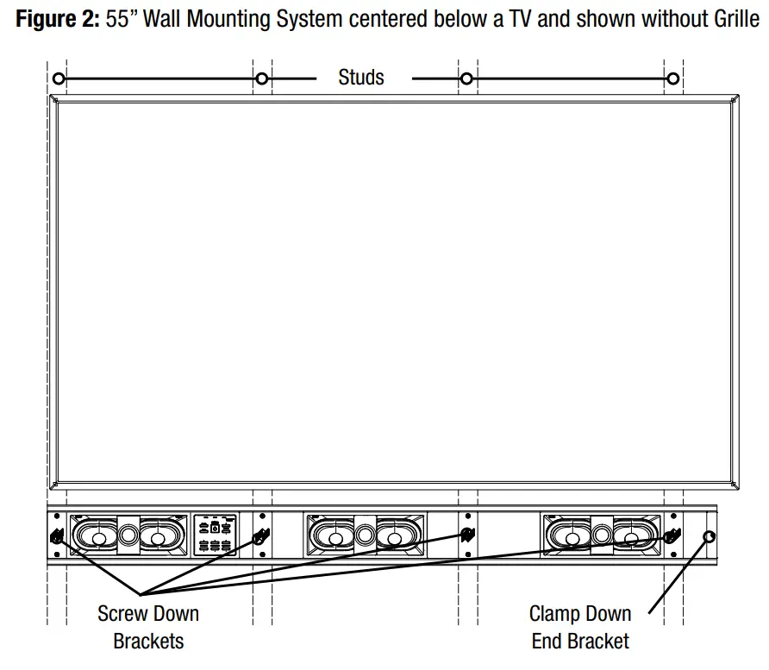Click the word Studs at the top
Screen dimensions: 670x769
360,78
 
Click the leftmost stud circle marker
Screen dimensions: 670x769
59,79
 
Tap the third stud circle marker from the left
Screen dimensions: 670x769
466,79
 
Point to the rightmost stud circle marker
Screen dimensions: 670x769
672,79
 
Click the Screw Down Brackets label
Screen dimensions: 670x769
148,627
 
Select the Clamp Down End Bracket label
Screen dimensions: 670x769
580,627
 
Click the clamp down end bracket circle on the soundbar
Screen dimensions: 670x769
710,536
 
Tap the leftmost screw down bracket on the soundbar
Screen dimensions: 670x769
58,536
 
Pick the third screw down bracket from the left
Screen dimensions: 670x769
467,535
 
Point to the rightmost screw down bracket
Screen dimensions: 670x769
672,535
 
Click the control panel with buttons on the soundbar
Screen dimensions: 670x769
216,535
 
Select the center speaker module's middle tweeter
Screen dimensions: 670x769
363,535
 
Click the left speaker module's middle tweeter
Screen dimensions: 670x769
128,535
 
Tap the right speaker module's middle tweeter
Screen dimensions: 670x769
601,535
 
